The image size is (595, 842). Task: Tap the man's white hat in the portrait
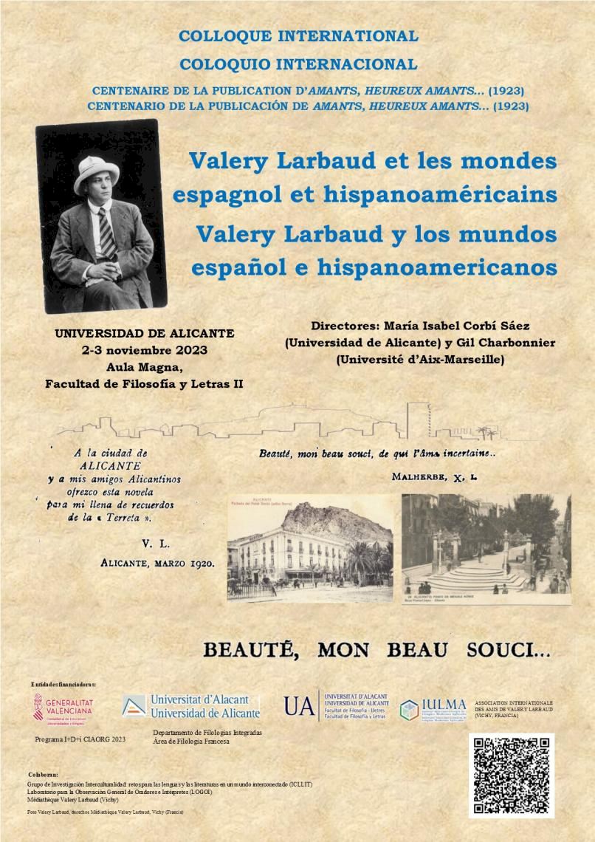(x=96, y=171)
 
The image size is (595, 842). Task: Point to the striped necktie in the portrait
(x=106, y=232)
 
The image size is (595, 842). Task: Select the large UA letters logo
(x=298, y=706)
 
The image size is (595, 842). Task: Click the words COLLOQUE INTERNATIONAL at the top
(x=298, y=35)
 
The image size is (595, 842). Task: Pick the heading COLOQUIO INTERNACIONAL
(x=298, y=64)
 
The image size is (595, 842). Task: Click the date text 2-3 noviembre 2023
(x=145, y=350)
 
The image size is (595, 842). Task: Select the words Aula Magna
(x=145, y=367)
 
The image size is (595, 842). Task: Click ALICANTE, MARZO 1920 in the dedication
(x=157, y=563)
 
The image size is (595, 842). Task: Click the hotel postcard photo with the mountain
(x=310, y=548)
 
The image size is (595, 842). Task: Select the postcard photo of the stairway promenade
(x=485, y=544)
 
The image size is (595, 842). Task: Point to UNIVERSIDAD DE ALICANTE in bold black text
(x=145, y=333)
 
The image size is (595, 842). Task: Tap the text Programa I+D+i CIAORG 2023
(x=80, y=739)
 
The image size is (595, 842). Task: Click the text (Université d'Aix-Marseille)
(x=420, y=360)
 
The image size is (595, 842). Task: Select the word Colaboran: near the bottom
(x=43, y=774)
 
